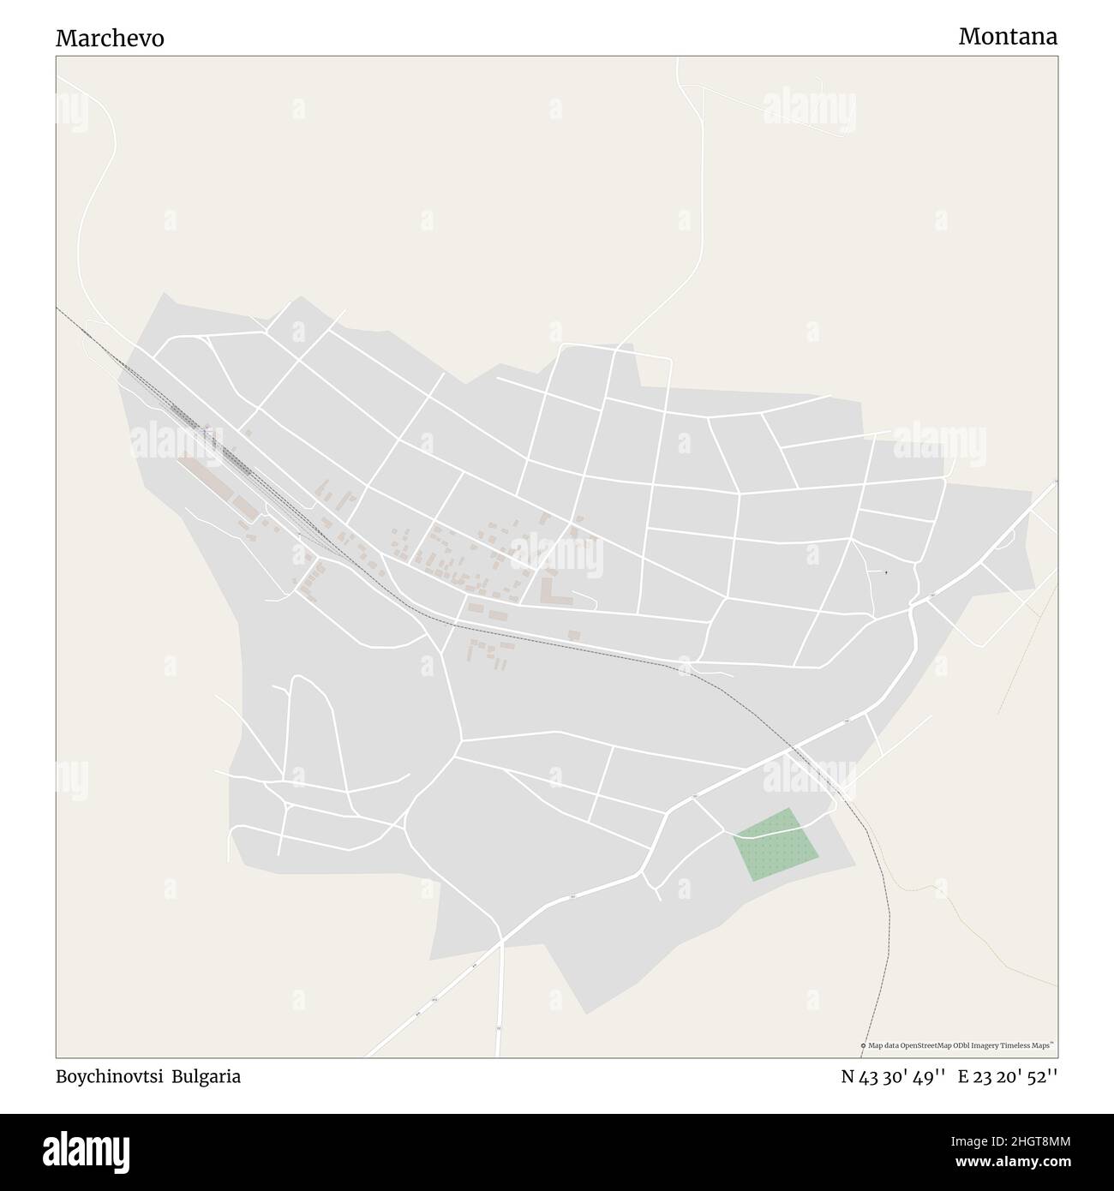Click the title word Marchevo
111,39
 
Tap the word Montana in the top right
1008,37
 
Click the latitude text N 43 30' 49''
893,1077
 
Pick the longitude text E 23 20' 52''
1008,1077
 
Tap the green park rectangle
776,844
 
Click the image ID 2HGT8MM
1020,1140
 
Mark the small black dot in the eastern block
886,572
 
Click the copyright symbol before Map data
863,1045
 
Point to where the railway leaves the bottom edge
862,1056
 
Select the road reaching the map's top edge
679,60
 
